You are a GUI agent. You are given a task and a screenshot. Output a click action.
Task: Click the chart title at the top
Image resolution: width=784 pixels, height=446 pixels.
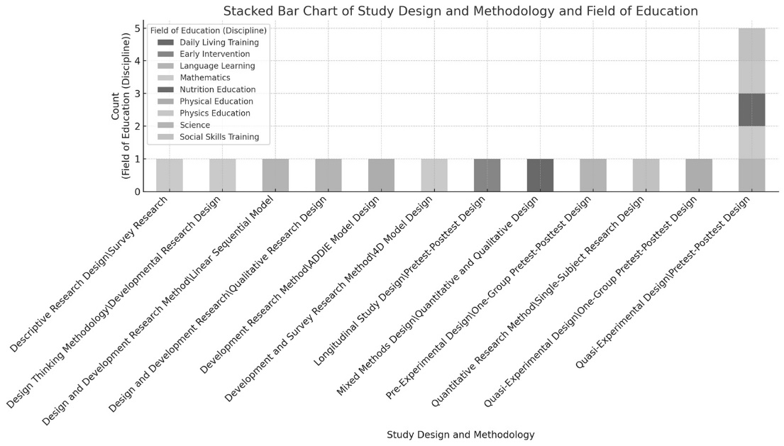tap(460, 11)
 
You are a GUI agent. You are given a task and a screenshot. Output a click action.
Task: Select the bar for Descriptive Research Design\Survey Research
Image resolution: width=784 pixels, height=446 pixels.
tap(170, 175)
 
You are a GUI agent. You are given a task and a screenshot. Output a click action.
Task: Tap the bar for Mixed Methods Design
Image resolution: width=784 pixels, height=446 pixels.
tap(540, 175)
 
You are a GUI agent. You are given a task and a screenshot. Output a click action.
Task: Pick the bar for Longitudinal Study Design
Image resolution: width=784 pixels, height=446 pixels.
tap(487, 175)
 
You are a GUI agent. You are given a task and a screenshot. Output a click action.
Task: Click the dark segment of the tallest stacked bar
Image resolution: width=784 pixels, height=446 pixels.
tap(751, 110)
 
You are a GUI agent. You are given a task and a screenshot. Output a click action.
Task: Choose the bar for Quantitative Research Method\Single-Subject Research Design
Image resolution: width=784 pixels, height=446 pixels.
tap(646, 175)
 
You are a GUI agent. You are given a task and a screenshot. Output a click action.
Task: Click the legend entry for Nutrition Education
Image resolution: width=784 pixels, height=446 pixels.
tap(217, 89)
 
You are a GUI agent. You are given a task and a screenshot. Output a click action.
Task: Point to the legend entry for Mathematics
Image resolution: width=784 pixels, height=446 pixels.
tap(204, 78)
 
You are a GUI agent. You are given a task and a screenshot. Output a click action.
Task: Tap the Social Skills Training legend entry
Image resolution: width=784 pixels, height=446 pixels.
tap(219, 137)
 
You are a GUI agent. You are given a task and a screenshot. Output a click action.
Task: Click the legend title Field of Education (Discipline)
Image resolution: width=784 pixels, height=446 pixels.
tap(208, 30)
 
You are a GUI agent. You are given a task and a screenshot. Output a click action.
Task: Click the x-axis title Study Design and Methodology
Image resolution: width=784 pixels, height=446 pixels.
tap(460, 434)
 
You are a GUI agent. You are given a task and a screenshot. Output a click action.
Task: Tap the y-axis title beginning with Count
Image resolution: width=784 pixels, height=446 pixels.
tap(121, 110)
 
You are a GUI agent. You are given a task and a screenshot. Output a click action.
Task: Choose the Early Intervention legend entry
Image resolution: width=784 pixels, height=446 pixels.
tap(214, 54)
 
